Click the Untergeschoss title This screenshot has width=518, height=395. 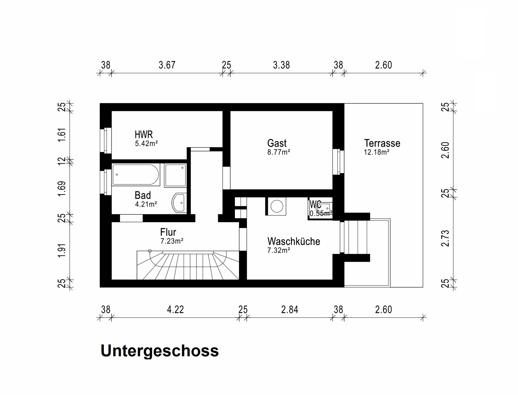[x=160, y=351]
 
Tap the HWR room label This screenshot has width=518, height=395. [x=144, y=135]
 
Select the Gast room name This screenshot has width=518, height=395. [x=277, y=143]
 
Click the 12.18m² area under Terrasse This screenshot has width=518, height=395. [x=376, y=152]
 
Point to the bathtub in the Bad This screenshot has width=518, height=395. [x=135, y=174]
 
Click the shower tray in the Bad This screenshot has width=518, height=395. [x=175, y=175]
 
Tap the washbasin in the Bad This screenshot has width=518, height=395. [x=179, y=203]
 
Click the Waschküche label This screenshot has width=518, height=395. [x=294, y=241]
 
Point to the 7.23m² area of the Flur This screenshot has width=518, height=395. [x=172, y=241]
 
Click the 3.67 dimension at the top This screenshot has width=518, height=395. [x=167, y=65]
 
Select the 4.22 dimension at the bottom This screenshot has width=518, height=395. [x=175, y=310]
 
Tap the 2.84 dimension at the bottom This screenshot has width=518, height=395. [x=290, y=310]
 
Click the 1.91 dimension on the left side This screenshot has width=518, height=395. [x=62, y=251]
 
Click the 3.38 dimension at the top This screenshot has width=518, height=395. [x=281, y=65]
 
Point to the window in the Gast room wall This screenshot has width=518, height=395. [x=338, y=162]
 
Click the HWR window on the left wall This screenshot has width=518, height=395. [x=106, y=140]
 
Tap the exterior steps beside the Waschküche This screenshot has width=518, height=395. [x=357, y=237]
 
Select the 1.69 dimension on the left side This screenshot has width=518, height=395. [x=62, y=189]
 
